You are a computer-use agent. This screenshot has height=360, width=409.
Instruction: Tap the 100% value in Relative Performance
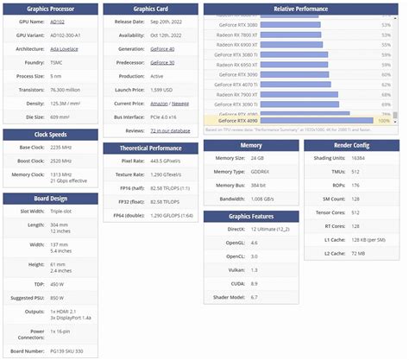[384, 122]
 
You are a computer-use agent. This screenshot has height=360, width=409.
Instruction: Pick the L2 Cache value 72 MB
[357, 252]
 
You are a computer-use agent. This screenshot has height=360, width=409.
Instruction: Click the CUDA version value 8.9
[253, 282]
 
